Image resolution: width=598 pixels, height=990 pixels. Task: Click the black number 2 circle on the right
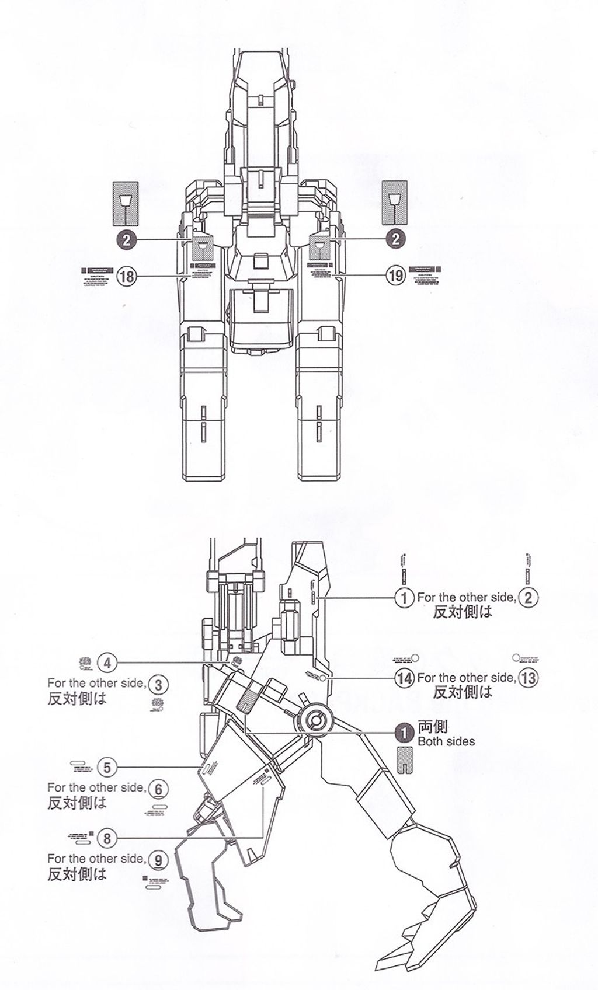[396, 239]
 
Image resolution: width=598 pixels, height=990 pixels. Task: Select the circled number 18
[127, 276]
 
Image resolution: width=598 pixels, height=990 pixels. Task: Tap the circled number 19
[396, 276]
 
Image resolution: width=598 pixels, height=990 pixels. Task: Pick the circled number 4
[107, 663]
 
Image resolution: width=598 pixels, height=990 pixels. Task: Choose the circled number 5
[107, 767]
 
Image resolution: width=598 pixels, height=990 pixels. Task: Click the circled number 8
[107, 839]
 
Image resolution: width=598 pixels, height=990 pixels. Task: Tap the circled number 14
[404, 678]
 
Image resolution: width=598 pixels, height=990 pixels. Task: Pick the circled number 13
[529, 678]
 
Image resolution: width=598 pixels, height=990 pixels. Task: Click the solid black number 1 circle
[404, 730]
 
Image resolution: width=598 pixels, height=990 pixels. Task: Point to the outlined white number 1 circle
[404, 598]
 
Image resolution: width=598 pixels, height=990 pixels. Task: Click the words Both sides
[446, 742]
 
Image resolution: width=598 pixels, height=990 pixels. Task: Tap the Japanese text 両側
[433, 727]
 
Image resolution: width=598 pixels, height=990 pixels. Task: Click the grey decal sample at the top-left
[126, 203]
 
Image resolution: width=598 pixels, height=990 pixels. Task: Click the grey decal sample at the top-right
[394, 202]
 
